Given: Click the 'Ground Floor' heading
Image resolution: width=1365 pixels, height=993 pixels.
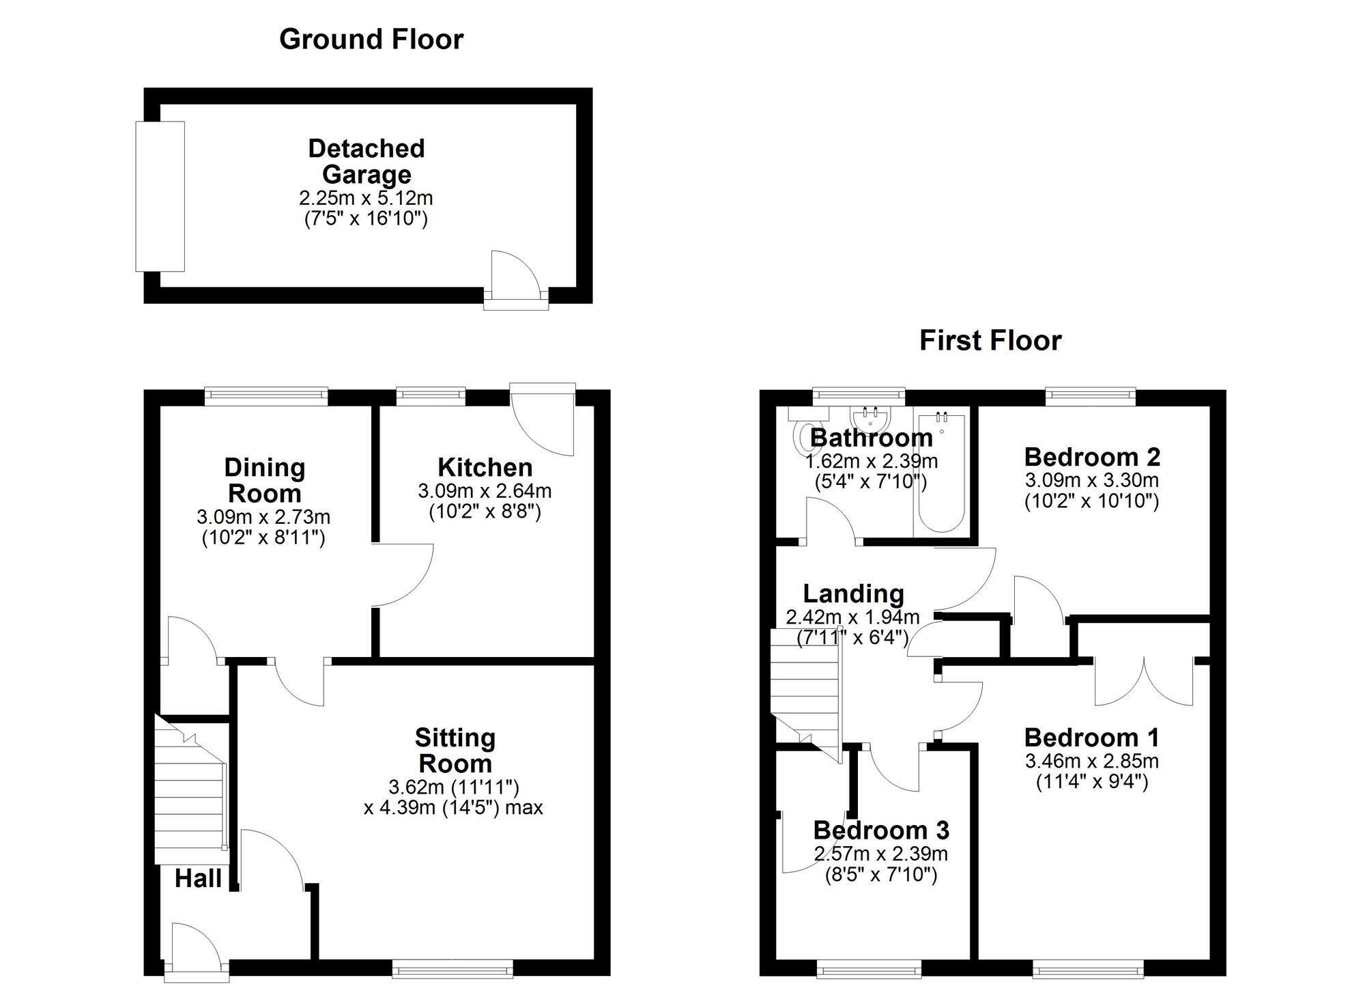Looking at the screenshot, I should [x=371, y=39].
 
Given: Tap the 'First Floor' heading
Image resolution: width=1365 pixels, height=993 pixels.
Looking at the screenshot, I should [x=990, y=341].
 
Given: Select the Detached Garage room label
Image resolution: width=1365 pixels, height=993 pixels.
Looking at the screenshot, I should [x=367, y=161].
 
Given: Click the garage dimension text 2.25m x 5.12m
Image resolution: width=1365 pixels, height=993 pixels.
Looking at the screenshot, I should [x=366, y=199].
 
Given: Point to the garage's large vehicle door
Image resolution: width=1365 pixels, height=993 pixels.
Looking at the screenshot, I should [x=160, y=197].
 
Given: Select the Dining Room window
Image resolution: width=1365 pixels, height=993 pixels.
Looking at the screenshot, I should [x=266, y=395].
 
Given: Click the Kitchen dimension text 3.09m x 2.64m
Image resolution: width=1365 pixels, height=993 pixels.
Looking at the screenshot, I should [x=485, y=491].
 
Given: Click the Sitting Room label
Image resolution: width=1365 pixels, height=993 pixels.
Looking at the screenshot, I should [x=455, y=751].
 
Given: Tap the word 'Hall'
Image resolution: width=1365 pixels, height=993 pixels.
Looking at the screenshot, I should [x=198, y=879].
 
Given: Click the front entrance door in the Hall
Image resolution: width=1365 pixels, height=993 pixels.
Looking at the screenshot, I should [x=197, y=949].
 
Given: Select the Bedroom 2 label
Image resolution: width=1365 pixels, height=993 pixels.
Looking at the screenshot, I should [x=1092, y=456].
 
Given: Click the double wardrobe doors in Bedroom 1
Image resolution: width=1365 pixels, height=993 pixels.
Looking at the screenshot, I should [x=1145, y=683].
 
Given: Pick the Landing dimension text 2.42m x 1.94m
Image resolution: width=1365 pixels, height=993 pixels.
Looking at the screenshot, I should [x=853, y=617].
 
